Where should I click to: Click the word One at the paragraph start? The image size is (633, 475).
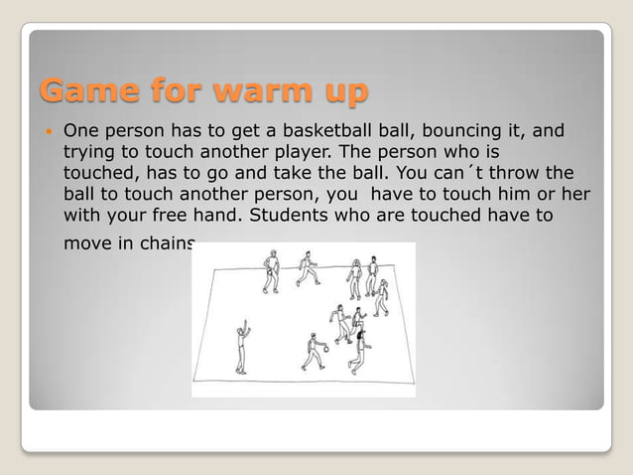click(x=81, y=131)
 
